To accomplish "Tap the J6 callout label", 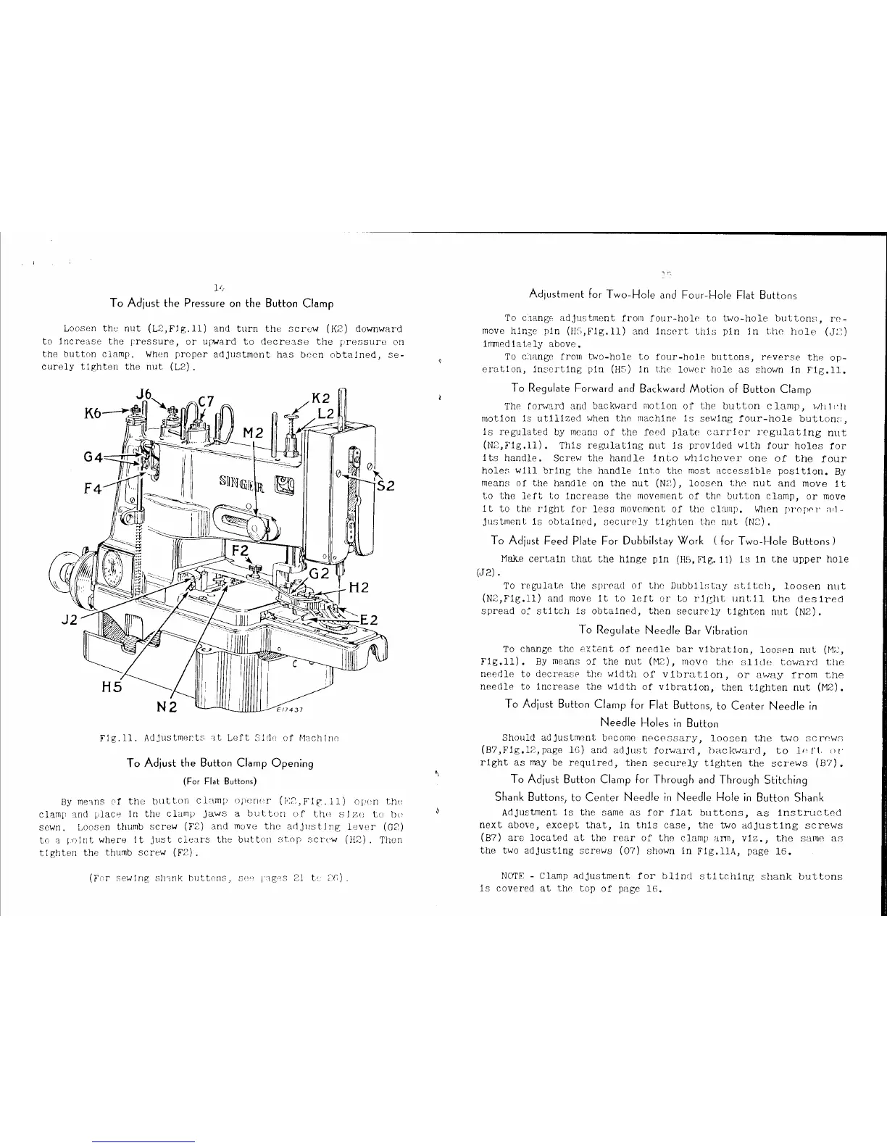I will [145, 396].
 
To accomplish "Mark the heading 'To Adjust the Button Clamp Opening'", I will [220, 762].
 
